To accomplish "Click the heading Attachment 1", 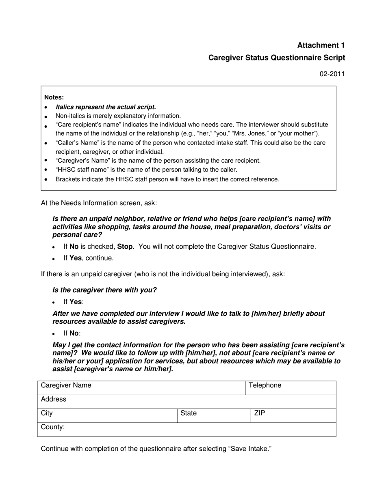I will pos(321,45).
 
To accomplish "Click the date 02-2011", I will pos(332,74).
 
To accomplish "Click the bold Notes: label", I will pos(54,97).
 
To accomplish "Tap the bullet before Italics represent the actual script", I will pos(46,108).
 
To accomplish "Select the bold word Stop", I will pos(125,246).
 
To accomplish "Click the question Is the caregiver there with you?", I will pos(104,290).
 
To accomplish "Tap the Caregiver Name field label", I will pos(66,385).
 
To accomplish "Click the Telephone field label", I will pos(265,385).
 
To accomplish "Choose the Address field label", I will pos(53,399).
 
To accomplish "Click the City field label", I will pos(47,413).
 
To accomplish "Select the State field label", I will pos(189,413).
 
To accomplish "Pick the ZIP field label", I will pos(260,413).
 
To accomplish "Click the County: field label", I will pos(53,427).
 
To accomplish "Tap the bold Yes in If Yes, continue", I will pos(75,258).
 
